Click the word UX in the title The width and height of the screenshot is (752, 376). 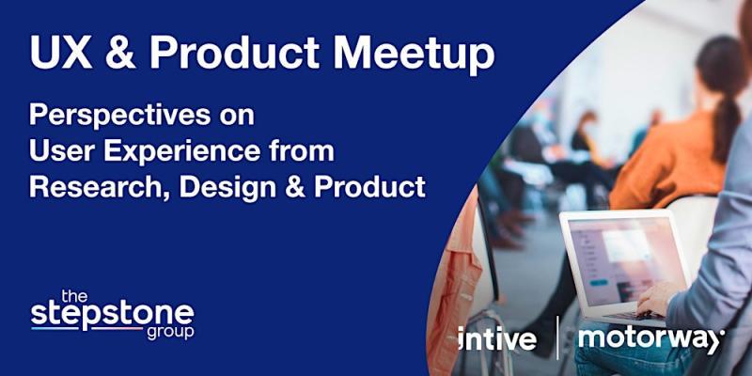(60, 52)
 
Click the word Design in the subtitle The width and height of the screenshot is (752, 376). (227, 187)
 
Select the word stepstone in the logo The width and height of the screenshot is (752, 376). (113, 315)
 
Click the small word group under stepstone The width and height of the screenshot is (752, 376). (170, 333)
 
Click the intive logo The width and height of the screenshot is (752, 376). (497, 338)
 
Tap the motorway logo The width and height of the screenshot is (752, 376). (650, 338)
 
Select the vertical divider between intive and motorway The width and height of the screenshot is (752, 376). (557, 337)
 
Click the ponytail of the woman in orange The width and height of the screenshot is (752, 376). (723, 126)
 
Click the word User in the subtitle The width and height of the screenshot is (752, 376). (62, 151)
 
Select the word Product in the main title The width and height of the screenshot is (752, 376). (235, 52)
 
